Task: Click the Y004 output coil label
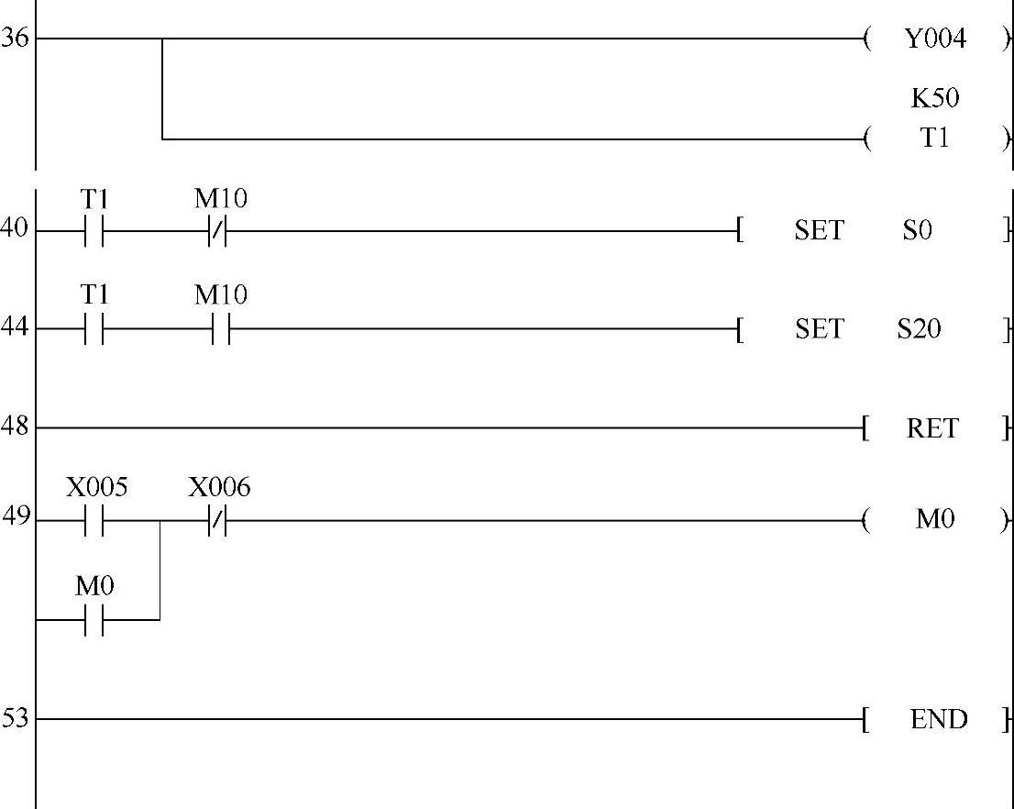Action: point(934,39)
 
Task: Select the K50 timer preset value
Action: point(934,98)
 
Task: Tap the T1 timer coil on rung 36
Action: point(934,139)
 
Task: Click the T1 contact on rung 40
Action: point(94,230)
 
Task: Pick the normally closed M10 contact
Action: point(217,230)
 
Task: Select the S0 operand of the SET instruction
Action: point(917,230)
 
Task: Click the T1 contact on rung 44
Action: point(94,328)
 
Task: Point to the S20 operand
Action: point(919,328)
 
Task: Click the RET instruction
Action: point(931,428)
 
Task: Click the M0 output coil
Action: point(934,520)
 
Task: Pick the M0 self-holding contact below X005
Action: point(94,619)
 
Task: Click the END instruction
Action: point(938,719)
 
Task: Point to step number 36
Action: point(14,39)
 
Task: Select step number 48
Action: point(14,427)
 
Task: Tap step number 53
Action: point(14,718)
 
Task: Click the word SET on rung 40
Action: point(819,230)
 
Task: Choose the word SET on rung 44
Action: point(819,328)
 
